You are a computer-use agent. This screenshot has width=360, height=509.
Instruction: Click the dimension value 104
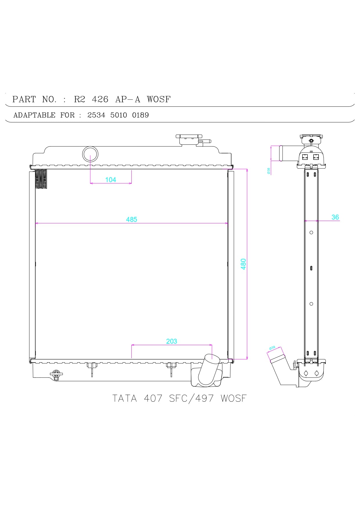click(x=111, y=180)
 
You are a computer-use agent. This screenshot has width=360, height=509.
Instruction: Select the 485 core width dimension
click(x=131, y=220)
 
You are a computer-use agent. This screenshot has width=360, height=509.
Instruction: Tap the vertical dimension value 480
click(x=243, y=264)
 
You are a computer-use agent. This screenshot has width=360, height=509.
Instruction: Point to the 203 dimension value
click(x=171, y=341)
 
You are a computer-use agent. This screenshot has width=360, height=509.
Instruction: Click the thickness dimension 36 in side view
click(x=335, y=217)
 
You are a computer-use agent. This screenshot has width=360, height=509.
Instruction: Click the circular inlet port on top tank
click(x=90, y=154)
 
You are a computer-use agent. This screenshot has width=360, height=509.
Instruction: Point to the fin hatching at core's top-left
click(x=41, y=179)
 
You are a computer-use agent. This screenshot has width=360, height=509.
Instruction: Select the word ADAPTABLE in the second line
click(x=34, y=115)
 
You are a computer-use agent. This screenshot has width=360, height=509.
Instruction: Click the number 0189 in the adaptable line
click(x=140, y=115)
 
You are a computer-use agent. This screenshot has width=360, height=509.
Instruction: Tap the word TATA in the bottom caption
click(x=124, y=398)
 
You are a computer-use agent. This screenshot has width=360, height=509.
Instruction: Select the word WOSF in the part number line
click(x=159, y=99)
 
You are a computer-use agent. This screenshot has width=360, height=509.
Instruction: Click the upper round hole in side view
click(x=311, y=232)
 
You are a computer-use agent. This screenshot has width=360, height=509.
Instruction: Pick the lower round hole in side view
click(x=311, y=304)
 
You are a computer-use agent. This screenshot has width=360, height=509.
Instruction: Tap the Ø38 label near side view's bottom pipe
click(x=272, y=347)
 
